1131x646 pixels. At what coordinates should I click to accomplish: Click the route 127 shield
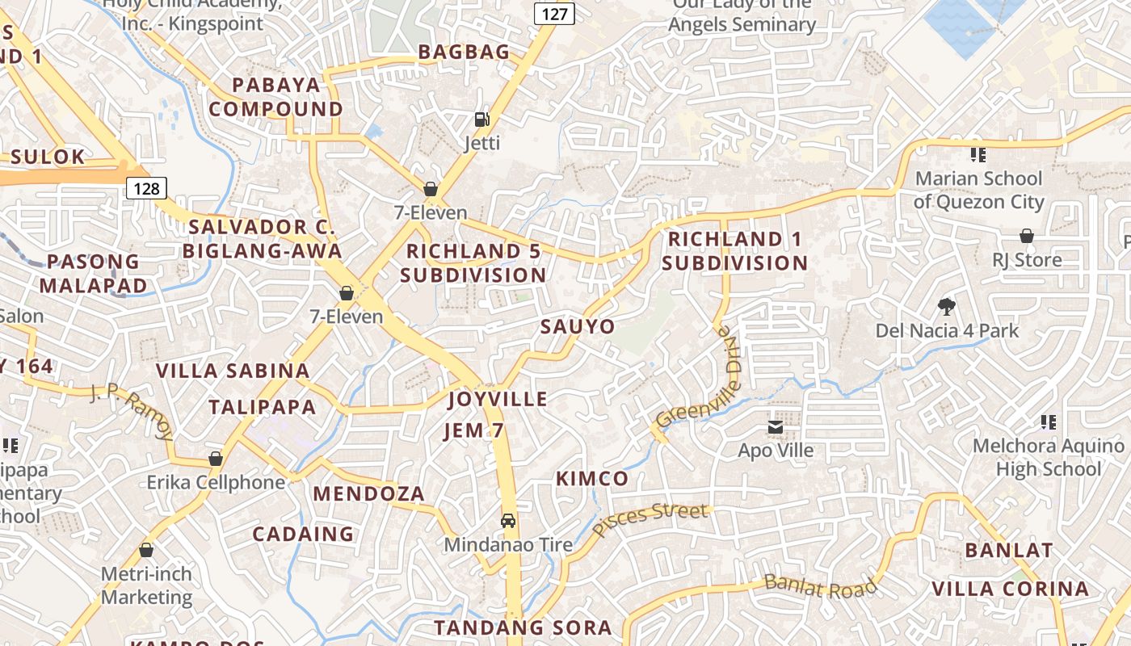pyautogui.click(x=554, y=13)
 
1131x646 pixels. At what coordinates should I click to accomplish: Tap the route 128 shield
pyautogui.click(x=146, y=188)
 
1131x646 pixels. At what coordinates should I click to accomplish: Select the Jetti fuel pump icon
pyautogui.click(x=481, y=120)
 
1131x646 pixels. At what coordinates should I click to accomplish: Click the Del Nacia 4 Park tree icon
pyautogui.click(x=947, y=306)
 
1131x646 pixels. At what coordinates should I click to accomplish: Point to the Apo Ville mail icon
pyautogui.click(x=776, y=426)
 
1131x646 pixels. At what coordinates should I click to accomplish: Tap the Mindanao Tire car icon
pyautogui.click(x=508, y=521)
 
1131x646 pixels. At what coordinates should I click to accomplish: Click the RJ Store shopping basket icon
pyautogui.click(x=1026, y=236)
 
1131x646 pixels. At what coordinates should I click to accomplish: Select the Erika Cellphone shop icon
pyautogui.click(x=216, y=459)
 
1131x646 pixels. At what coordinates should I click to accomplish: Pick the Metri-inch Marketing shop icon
pyautogui.click(x=146, y=550)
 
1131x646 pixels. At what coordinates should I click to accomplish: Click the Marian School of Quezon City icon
pyautogui.click(x=978, y=154)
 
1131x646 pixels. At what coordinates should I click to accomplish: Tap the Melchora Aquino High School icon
pyautogui.click(x=1049, y=422)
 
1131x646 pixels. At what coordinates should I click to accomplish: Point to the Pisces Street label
pyautogui.click(x=650, y=520)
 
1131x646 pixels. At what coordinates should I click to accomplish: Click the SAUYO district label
pyautogui.click(x=578, y=326)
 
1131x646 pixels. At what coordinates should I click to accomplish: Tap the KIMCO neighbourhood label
pyautogui.click(x=592, y=478)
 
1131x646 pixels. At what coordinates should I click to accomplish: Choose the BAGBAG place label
pyautogui.click(x=464, y=52)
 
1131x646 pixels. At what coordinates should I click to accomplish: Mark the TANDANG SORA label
pyautogui.click(x=523, y=627)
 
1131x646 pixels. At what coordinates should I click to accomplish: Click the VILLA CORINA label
pyautogui.click(x=1011, y=589)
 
